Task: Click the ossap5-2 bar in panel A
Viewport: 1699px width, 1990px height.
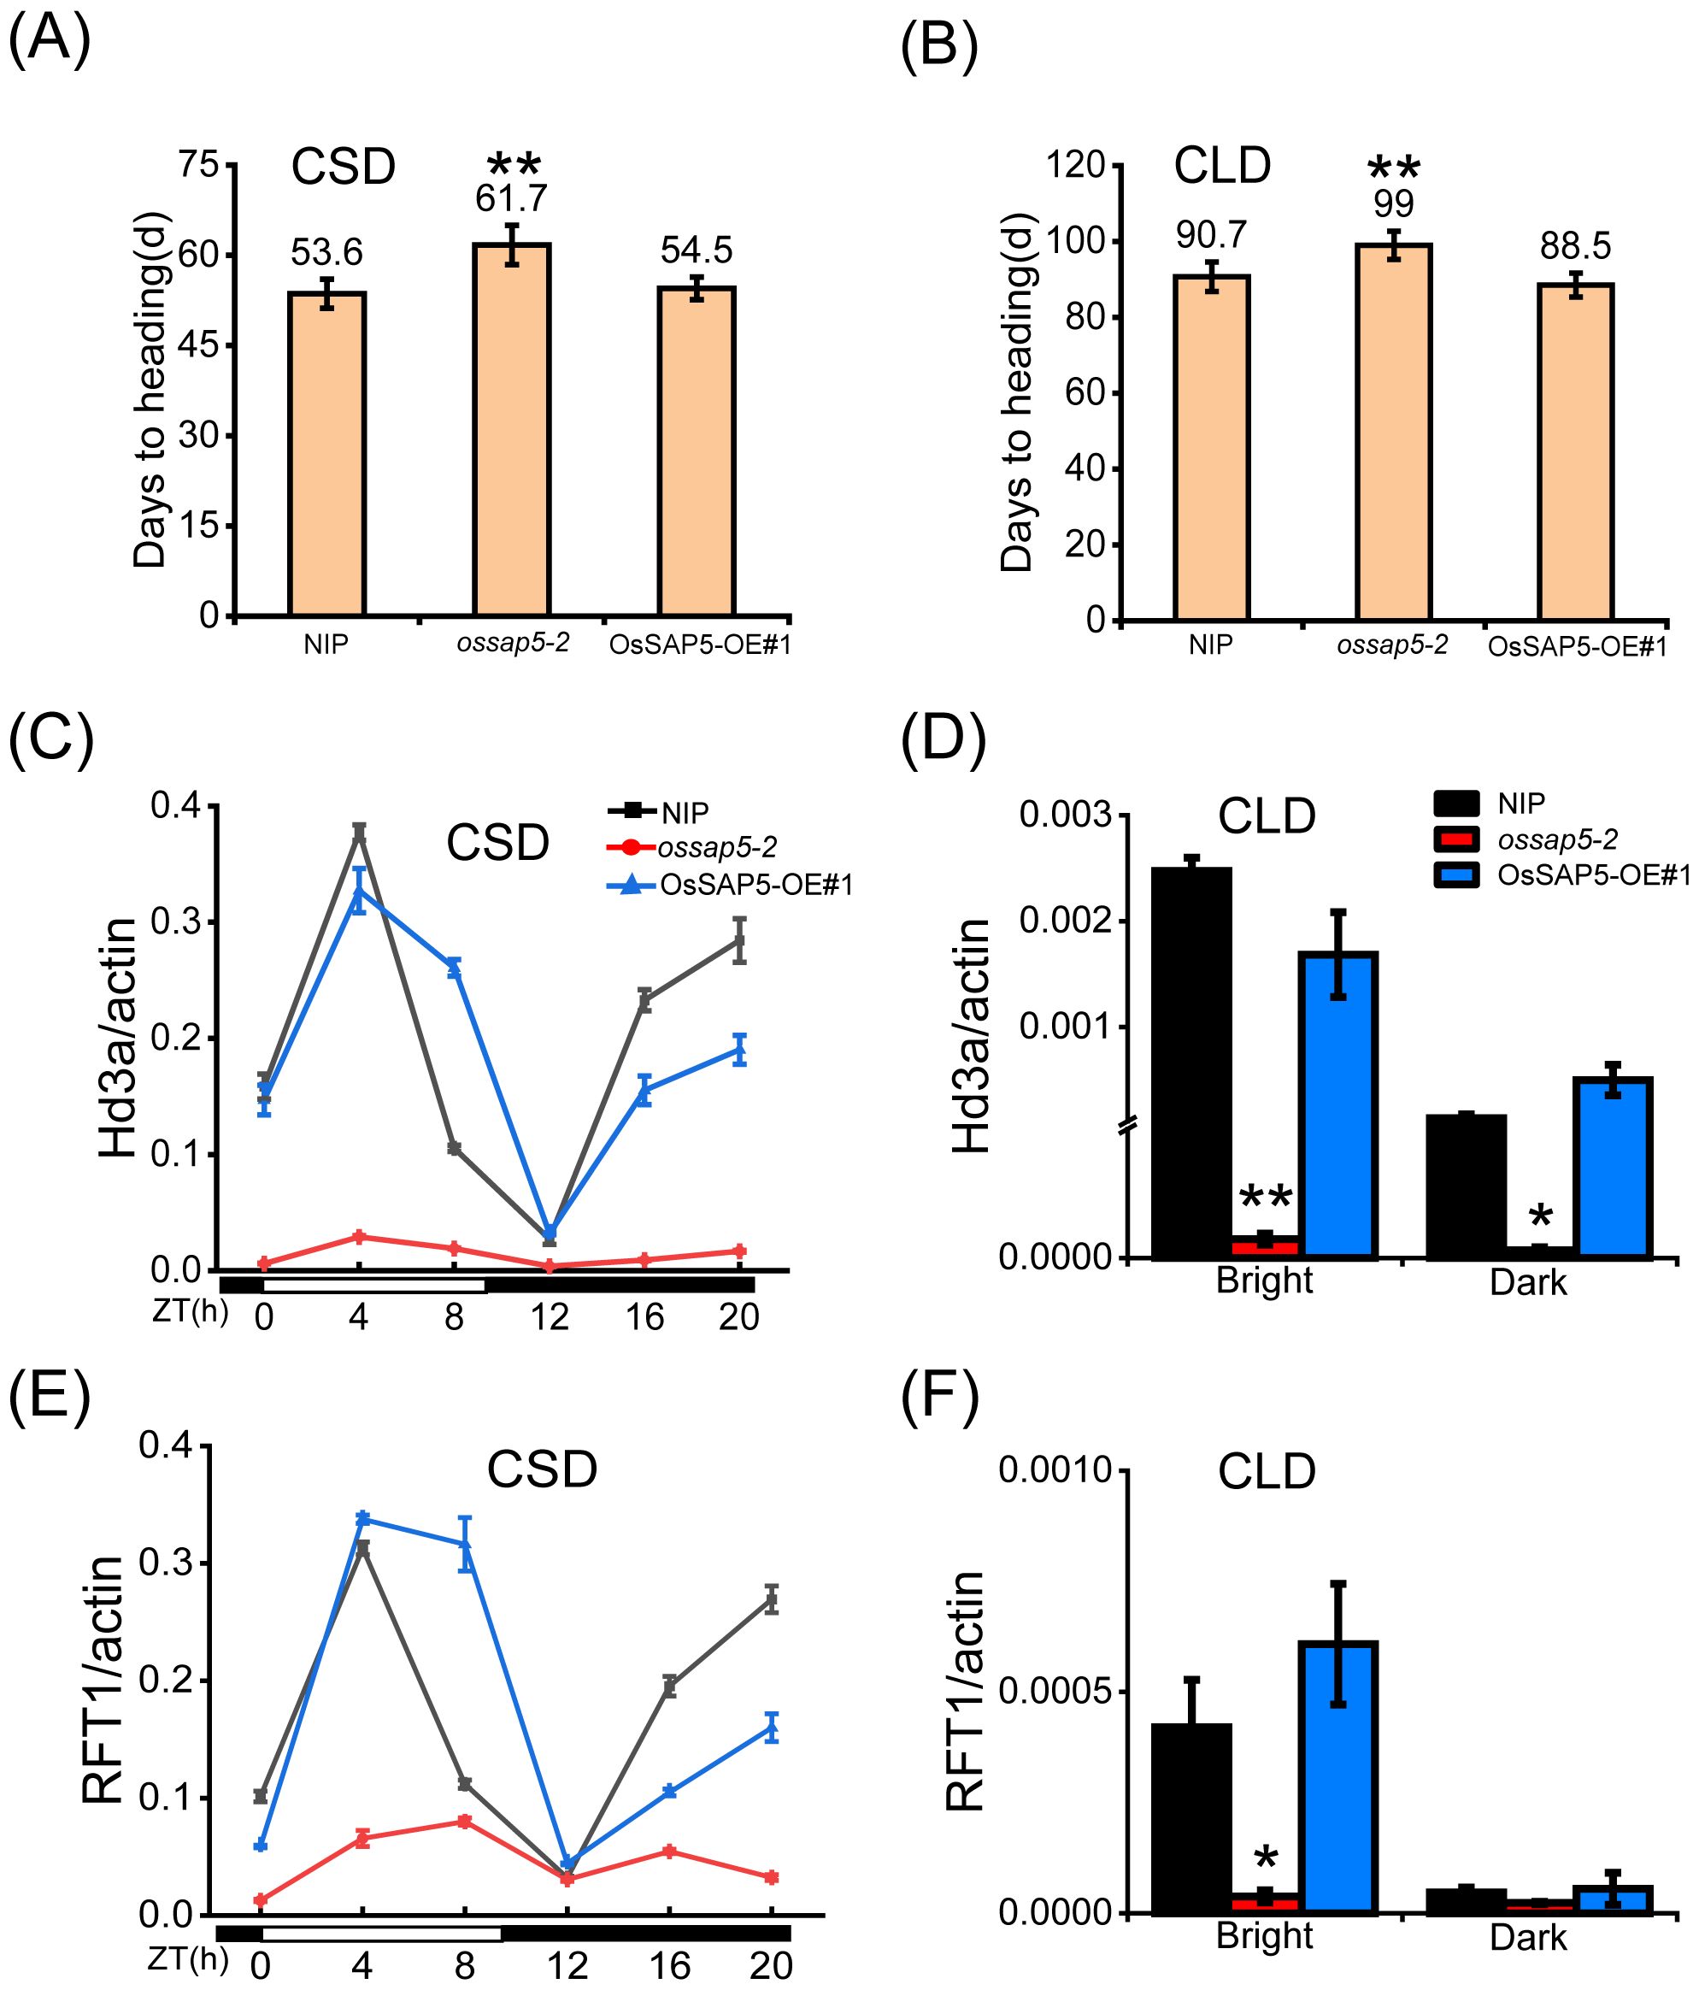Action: [x=511, y=429]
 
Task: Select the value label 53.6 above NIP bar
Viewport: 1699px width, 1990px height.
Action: [x=326, y=252]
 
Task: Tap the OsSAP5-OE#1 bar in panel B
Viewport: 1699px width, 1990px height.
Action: [x=1575, y=451]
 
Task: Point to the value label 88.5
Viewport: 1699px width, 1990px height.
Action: [x=1575, y=247]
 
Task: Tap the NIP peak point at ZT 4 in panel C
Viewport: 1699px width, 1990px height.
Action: [x=359, y=832]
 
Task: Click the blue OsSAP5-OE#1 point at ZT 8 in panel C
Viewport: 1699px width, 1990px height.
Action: [x=455, y=969]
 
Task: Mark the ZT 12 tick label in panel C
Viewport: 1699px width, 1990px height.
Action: [x=550, y=1316]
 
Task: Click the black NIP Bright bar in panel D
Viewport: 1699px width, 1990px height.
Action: [x=1191, y=1062]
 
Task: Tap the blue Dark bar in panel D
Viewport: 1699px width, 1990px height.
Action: [x=1613, y=1166]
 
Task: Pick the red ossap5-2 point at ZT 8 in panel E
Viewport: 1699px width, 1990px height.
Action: [x=465, y=1821]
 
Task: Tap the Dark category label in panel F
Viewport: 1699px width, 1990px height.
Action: [x=1528, y=1937]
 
